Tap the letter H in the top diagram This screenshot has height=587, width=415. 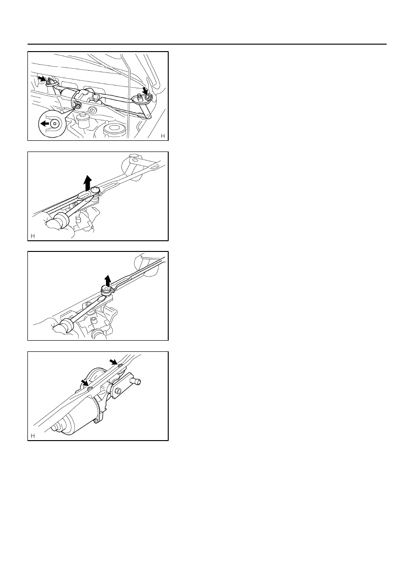pos(163,136)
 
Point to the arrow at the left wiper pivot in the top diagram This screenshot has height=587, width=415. pos(41,78)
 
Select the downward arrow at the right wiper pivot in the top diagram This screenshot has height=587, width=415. pos(145,92)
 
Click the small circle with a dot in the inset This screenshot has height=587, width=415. pos(55,124)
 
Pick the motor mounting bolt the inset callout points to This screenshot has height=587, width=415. pos(78,106)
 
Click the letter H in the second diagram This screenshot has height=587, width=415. pos(33,236)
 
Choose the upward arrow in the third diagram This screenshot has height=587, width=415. pos(107,280)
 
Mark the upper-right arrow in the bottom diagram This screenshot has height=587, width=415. pos(113,362)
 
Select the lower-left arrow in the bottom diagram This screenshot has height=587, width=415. pos(85,383)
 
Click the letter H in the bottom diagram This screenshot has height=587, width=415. pos(33,436)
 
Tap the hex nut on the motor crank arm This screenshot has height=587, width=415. pos(118,391)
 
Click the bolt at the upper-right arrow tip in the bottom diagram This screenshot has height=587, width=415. pos(120,366)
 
